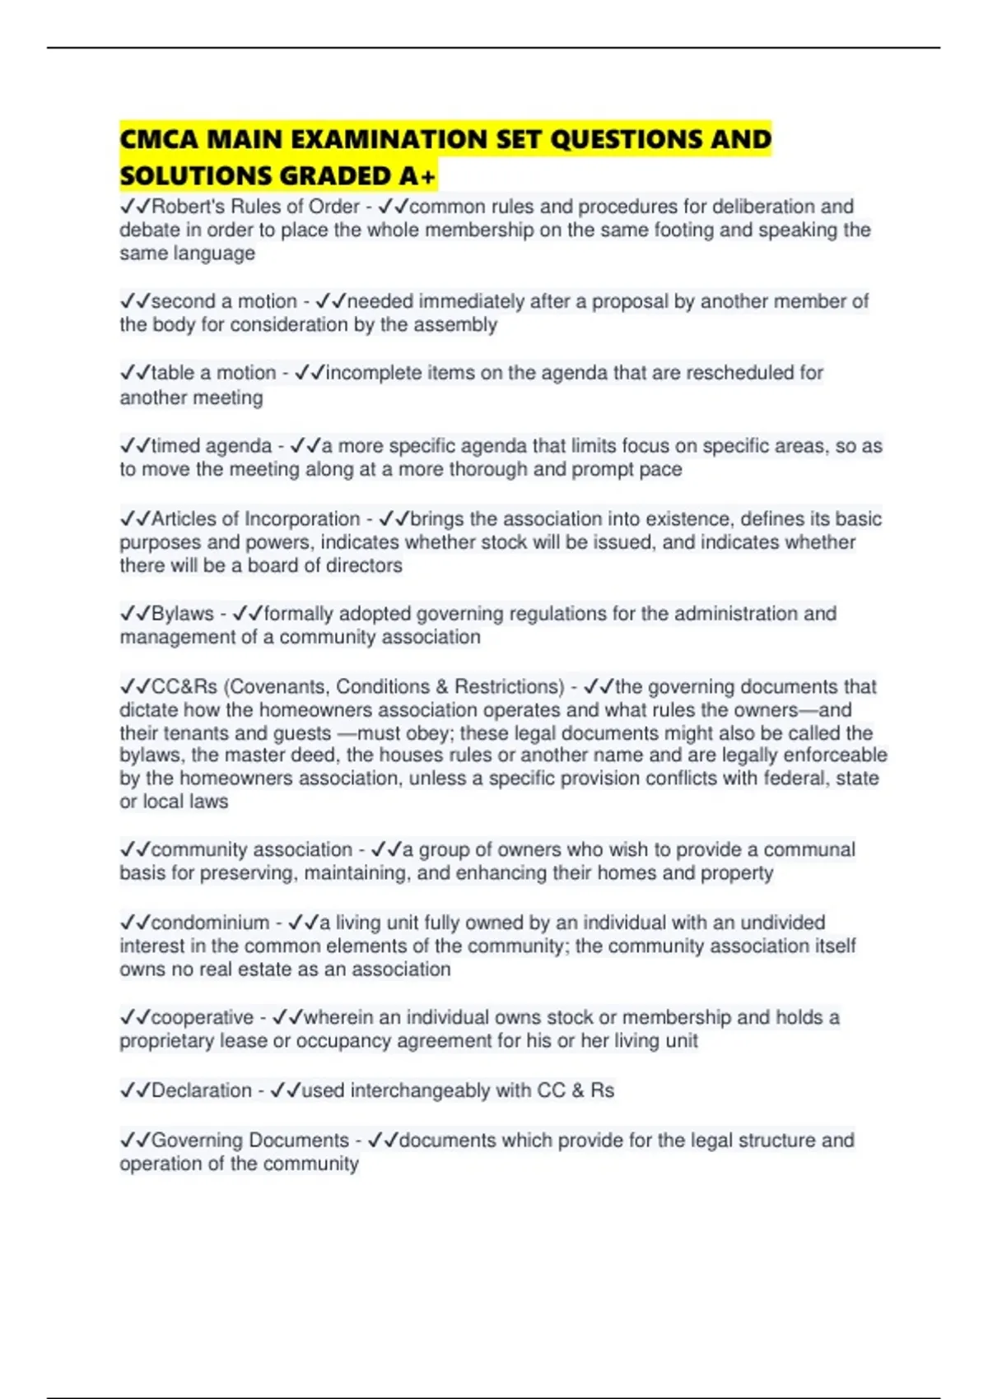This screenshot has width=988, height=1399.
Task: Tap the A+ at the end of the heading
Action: pyautogui.click(x=418, y=176)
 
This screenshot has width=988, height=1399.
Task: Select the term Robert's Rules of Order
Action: pyautogui.click(x=255, y=207)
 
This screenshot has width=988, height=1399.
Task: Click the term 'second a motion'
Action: pyautogui.click(x=224, y=301)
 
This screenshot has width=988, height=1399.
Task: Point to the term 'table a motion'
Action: pyautogui.click(x=213, y=373)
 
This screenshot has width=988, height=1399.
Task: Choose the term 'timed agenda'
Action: pyautogui.click(x=211, y=446)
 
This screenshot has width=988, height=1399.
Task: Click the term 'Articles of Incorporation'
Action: pyautogui.click(x=255, y=519)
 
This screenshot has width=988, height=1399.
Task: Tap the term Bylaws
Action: pyautogui.click(x=182, y=614)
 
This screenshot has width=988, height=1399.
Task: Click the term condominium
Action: pyautogui.click(x=210, y=923)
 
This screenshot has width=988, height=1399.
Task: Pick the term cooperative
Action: pyautogui.click(x=203, y=1018)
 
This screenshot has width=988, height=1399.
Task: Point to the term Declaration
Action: pyautogui.click(x=202, y=1090)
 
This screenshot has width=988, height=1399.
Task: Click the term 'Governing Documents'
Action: pyautogui.click(x=250, y=1141)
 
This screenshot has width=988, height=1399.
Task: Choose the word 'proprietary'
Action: pyautogui.click(x=166, y=1041)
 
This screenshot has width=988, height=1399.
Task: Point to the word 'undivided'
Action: pyautogui.click(x=776, y=923)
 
